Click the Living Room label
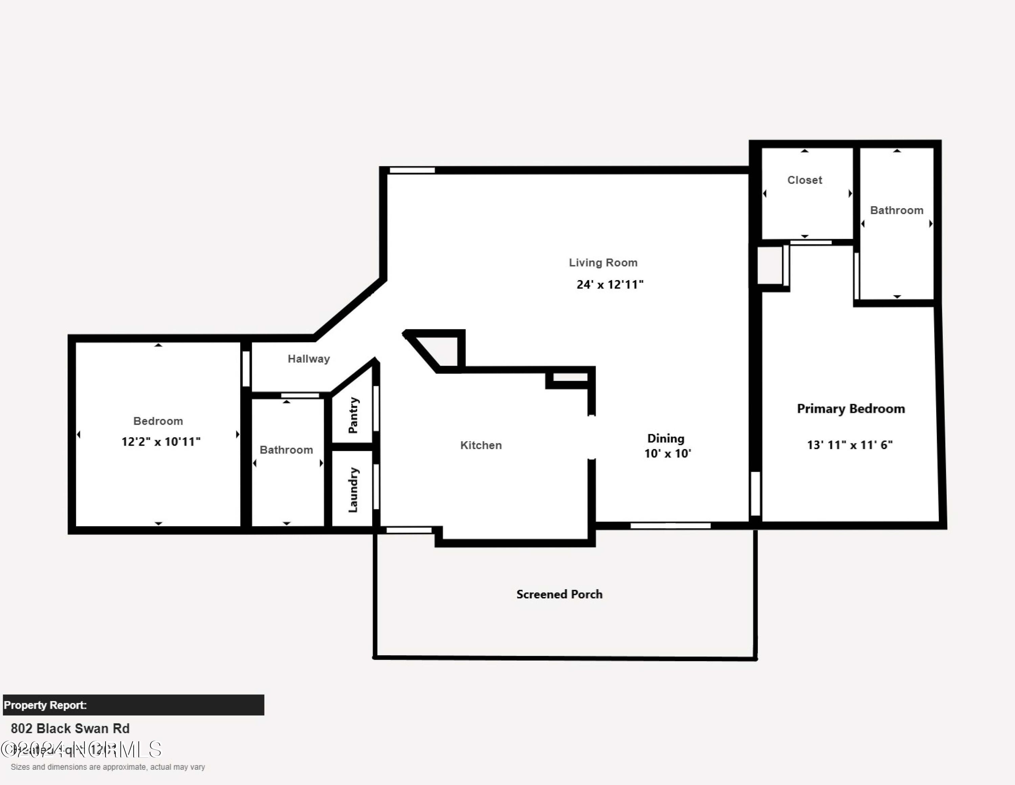[x=603, y=263]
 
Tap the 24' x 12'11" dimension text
[x=610, y=284]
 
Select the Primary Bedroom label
[x=851, y=409]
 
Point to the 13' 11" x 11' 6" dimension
[x=850, y=445]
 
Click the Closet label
[x=805, y=180]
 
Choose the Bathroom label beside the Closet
[x=897, y=210]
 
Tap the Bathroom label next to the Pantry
[x=286, y=450]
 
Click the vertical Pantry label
[x=353, y=415]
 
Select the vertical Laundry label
[x=353, y=490]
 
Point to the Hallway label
[x=309, y=359]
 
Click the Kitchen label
[x=480, y=445]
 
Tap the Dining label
[x=666, y=439]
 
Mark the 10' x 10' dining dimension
[x=668, y=453]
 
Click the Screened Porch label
[x=559, y=594]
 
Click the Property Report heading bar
[x=133, y=705]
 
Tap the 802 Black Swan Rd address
[x=70, y=728]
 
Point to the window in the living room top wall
[x=412, y=170]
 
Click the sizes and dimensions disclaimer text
[x=108, y=767]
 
